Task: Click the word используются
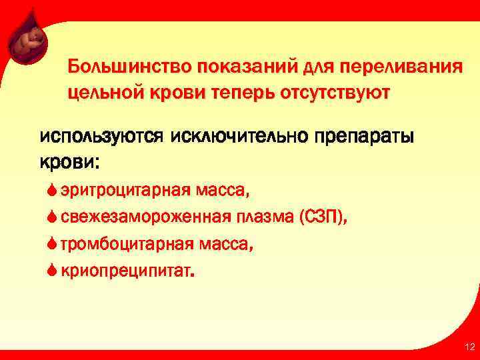click(x=102, y=137)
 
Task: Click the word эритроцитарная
click(x=126, y=191)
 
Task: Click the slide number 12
click(x=468, y=347)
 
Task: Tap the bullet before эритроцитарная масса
click(x=52, y=192)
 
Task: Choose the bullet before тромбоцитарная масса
click(x=52, y=245)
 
